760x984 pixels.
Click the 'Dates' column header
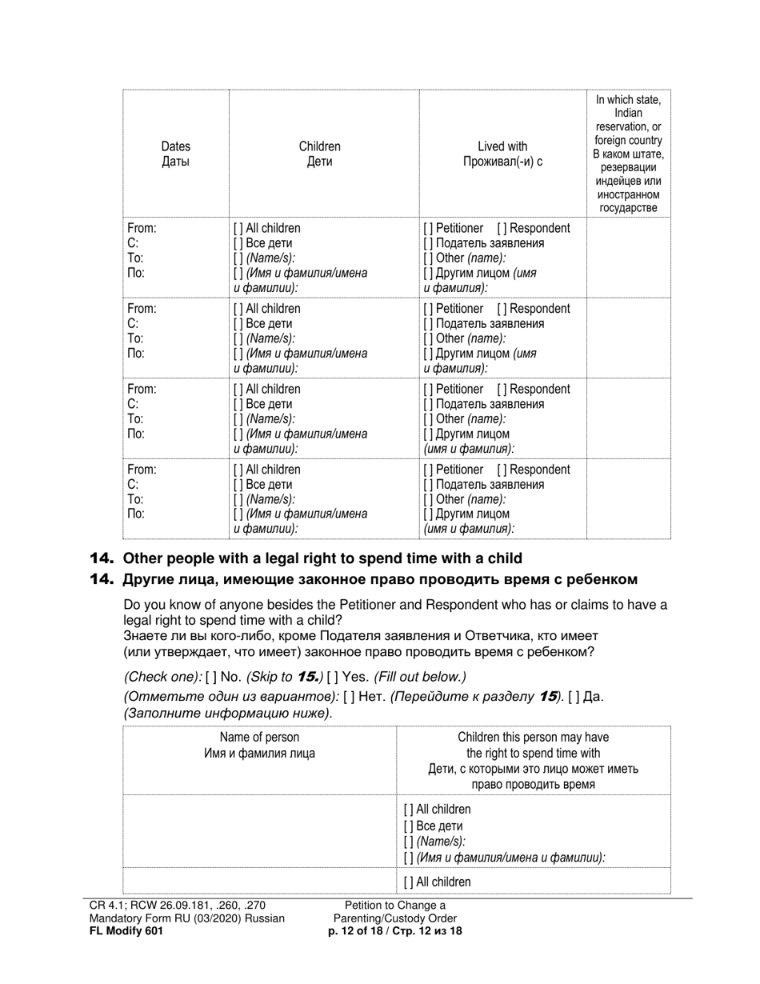pos(175,146)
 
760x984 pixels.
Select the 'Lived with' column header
pos(502,146)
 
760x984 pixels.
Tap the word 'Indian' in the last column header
pos(628,114)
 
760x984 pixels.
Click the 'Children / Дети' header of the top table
pos(319,154)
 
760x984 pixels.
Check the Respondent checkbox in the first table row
pos(501,228)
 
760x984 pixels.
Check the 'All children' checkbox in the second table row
pos(238,309)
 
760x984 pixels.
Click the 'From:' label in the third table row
pos(142,390)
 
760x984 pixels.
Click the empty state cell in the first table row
pos(628,257)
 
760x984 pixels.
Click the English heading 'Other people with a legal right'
pos(322,558)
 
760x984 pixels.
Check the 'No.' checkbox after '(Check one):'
pos(211,677)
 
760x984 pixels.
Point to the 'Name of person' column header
pos(259,738)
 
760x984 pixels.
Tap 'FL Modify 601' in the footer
pos(126,931)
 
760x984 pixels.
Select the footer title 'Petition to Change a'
pos(395,905)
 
